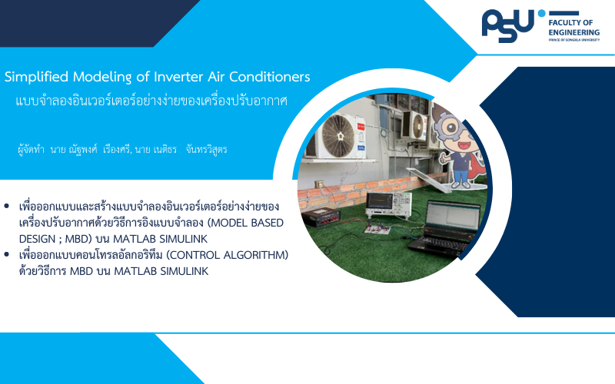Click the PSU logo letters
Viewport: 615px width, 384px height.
508,26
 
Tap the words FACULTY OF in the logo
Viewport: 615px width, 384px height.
570,23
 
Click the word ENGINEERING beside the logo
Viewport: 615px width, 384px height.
573,32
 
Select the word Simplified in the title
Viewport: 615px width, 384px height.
36,77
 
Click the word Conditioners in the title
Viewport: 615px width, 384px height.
270,77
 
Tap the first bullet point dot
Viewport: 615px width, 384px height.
7,206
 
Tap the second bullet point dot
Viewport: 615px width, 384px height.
7,254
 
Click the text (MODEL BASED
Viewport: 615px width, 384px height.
245,223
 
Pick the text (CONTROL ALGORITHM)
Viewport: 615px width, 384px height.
227,255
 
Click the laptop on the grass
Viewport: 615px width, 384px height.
445,228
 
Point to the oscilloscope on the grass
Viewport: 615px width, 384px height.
389,205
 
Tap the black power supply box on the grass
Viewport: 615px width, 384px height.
321,217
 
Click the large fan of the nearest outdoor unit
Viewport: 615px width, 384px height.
338,136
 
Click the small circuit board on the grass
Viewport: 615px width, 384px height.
377,228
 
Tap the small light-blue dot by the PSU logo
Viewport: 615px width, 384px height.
542,13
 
